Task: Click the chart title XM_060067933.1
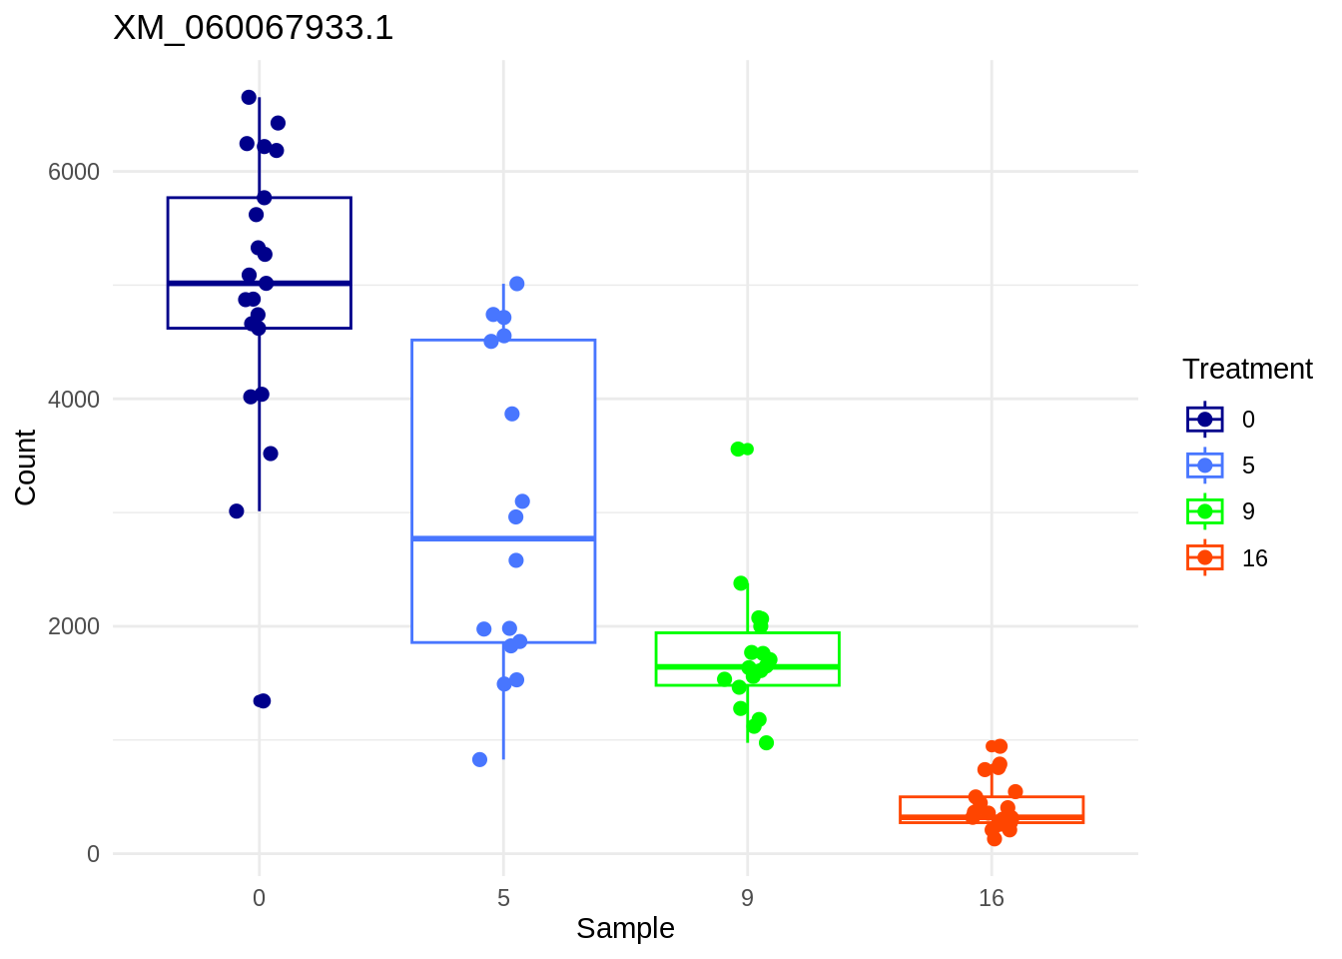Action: pyautogui.click(x=254, y=28)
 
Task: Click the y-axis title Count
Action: pyautogui.click(x=26, y=467)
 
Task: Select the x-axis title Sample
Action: pyautogui.click(x=625, y=928)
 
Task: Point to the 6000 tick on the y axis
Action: pyautogui.click(x=74, y=172)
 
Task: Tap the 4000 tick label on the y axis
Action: pyautogui.click(x=74, y=400)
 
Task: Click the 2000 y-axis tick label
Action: pyautogui.click(x=74, y=626)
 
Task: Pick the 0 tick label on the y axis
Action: pyautogui.click(x=93, y=854)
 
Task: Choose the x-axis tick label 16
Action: pyautogui.click(x=991, y=898)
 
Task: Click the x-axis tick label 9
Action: pyautogui.click(x=747, y=898)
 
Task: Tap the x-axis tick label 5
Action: pyautogui.click(x=503, y=898)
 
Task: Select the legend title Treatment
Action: pyautogui.click(x=1247, y=370)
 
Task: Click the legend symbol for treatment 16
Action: pyautogui.click(x=1205, y=557)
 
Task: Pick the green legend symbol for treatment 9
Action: pyautogui.click(x=1205, y=511)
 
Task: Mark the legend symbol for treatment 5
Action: pyautogui.click(x=1205, y=466)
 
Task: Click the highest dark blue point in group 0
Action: pyautogui.click(x=249, y=97)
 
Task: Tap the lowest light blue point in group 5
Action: pyautogui.click(x=479, y=759)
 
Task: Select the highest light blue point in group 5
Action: pyautogui.click(x=517, y=284)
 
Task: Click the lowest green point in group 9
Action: pyautogui.click(x=767, y=742)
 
